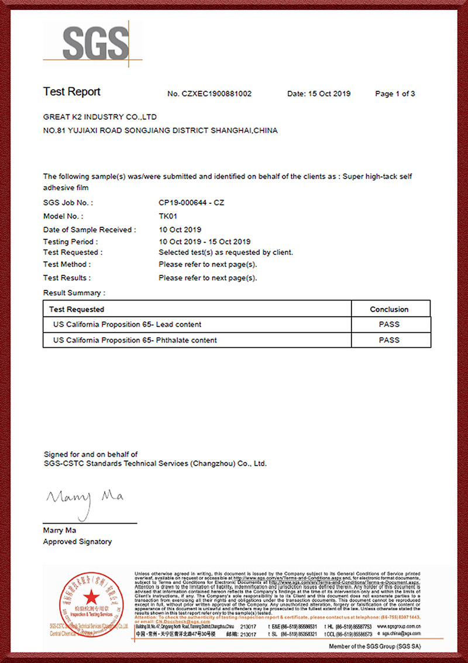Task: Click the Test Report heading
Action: tap(72, 92)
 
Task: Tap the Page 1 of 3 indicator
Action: tap(395, 94)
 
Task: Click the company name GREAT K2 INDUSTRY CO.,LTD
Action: tap(99, 117)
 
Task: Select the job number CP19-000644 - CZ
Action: tap(191, 203)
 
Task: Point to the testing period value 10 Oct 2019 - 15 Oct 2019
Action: tap(204, 241)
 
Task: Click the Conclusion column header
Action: tap(389, 309)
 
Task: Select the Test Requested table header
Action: tap(77, 309)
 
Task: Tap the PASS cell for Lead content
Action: tap(389, 324)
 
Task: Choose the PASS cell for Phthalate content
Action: tap(389, 340)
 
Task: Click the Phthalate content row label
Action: tap(135, 340)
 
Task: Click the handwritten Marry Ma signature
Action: tap(85, 498)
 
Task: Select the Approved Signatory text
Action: tap(77, 542)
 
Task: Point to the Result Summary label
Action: tap(74, 292)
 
